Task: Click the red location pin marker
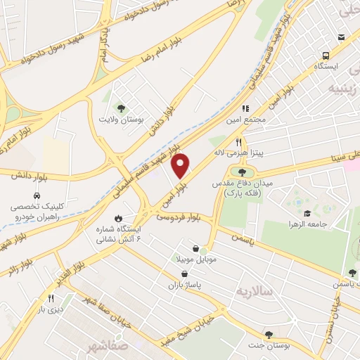pos(181,166)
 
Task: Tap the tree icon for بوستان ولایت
pos(121,108)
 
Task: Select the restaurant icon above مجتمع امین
pos(246,108)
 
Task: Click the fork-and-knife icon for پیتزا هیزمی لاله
pos(238,141)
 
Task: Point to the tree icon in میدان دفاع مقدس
pos(243,172)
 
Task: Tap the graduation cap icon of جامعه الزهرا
pos(307,213)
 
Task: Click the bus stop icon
pos(326,56)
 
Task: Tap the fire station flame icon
pos(118,217)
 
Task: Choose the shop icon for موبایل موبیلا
pos(204,249)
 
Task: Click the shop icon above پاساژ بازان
pos(184,274)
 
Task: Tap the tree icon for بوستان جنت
pos(268,335)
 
